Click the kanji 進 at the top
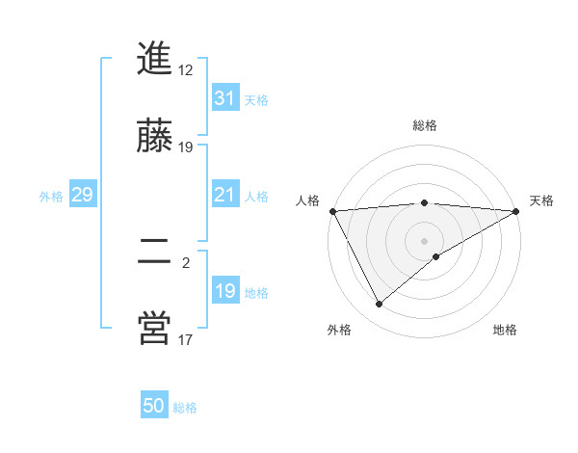click(155, 60)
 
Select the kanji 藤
click(155, 137)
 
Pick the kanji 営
click(155, 329)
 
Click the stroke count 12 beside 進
click(186, 70)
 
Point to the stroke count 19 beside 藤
click(186, 147)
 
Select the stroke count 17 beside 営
click(186, 339)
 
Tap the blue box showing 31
click(224, 98)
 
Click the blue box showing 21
click(224, 195)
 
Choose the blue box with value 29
click(82, 195)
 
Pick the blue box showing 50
click(154, 406)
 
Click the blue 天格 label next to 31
click(256, 99)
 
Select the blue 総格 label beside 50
click(185, 408)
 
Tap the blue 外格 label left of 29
click(51, 196)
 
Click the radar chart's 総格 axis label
click(425, 125)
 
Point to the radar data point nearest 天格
click(517, 211)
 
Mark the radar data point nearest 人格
click(332, 211)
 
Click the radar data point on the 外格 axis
click(379, 305)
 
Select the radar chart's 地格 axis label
click(505, 330)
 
